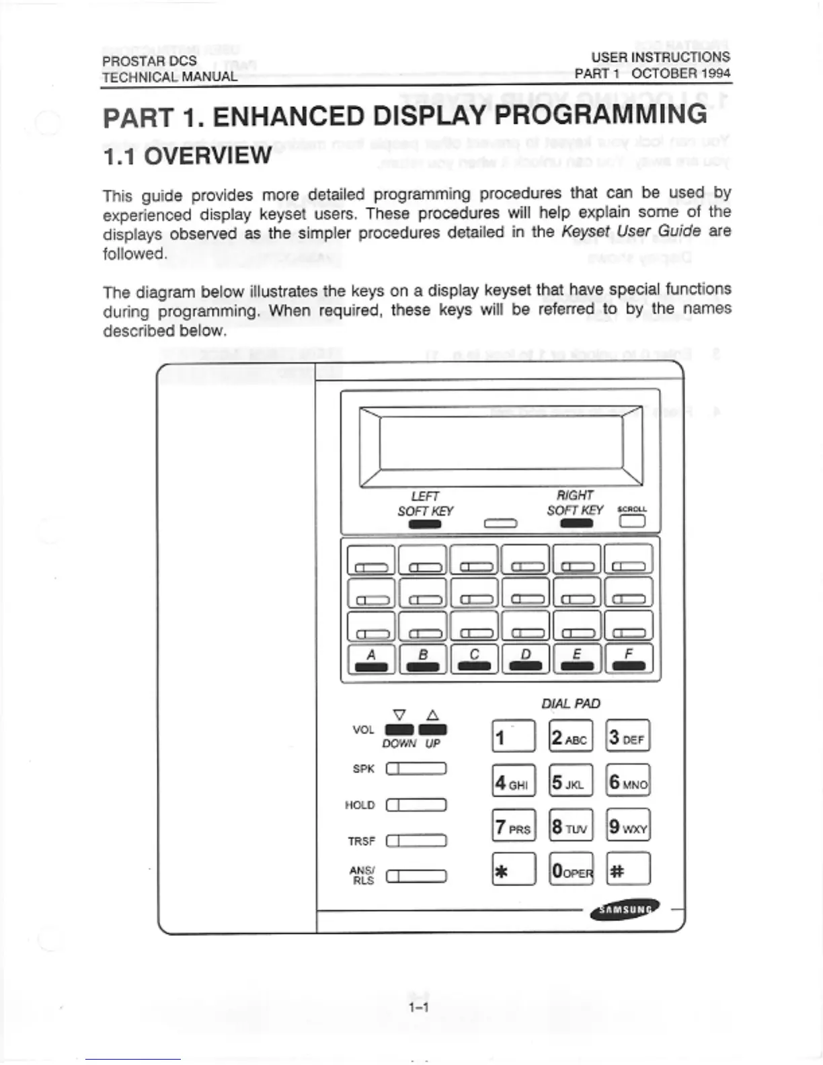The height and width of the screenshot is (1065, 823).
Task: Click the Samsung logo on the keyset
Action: click(624, 910)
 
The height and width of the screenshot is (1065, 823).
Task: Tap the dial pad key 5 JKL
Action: click(571, 783)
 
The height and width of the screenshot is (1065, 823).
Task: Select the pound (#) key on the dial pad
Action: click(628, 869)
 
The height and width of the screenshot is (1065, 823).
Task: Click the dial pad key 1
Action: click(514, 737)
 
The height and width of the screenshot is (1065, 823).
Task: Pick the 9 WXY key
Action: click(628, 826)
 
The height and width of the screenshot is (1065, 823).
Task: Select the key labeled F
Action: click(629, 660)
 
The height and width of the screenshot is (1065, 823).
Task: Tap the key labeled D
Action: click(526, 660)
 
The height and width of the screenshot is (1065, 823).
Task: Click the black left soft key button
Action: click(424, 524)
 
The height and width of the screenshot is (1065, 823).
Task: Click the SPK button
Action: click(416, 769)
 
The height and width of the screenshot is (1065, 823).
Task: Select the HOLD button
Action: click(416, 805)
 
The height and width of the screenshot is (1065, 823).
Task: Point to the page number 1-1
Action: click(418, 1007)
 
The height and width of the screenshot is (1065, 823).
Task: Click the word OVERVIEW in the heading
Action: click(208, 157)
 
